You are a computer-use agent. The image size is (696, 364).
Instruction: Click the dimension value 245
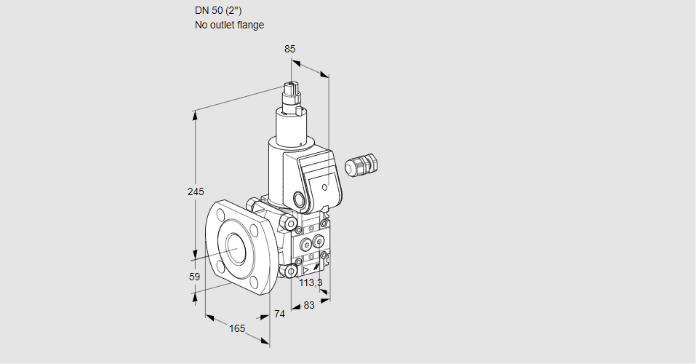tap(195, 191)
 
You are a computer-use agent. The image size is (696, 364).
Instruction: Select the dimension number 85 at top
tap(289, 49)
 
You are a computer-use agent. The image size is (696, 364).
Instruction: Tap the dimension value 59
tap(194, 277)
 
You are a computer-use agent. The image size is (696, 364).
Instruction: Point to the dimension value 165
tap(237, 328)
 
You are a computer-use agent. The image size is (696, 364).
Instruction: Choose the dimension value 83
tap(308, 305)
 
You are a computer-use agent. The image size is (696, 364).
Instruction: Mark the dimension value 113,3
tap(311, 282)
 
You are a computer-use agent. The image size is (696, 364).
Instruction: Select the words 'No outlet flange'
tap(229, 25)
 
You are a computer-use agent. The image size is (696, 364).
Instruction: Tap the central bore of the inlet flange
tap(236, 248)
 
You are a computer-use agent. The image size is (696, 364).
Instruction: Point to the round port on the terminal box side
tap(300, 198)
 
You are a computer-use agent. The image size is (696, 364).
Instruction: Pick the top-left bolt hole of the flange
tap(221, 214)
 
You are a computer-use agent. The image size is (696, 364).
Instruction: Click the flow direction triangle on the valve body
tap(305, 267)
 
